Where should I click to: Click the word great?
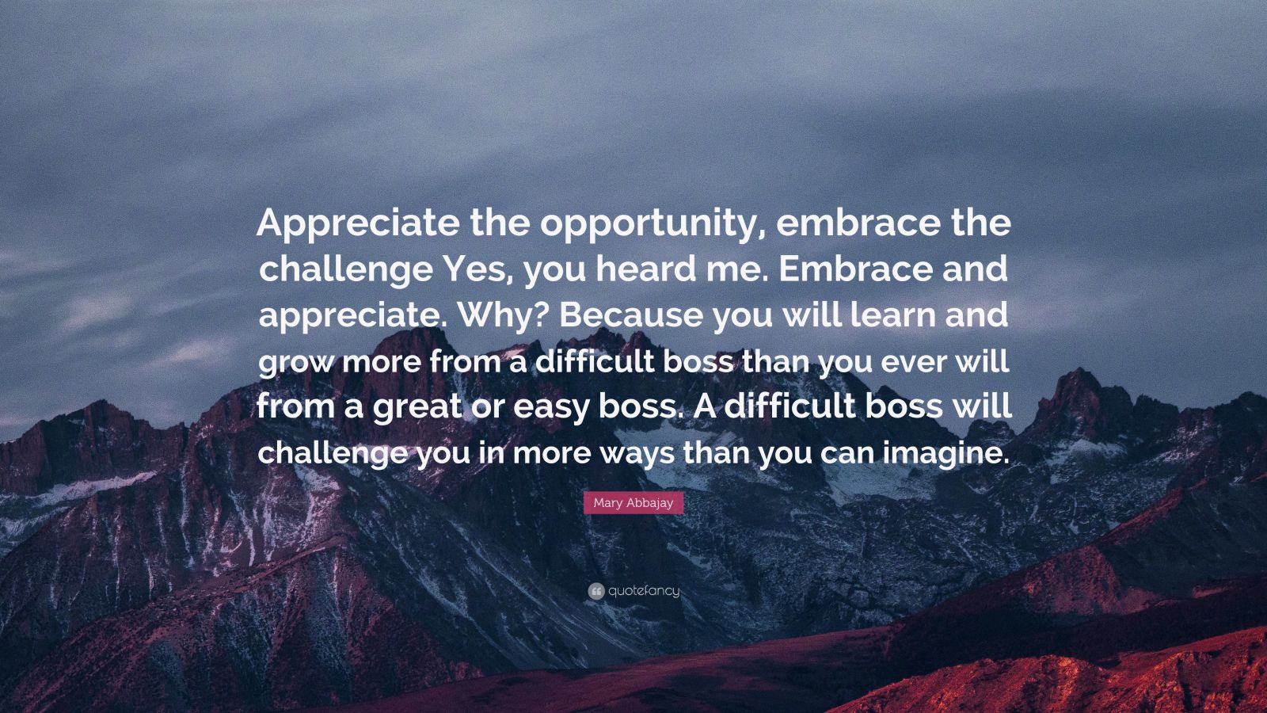(x=417, y=407)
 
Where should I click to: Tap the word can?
(x=846, y=455)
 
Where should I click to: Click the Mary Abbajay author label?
(x=633, y=502)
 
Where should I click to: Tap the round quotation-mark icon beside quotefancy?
(x=596, y=591)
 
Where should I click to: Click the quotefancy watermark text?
(x=645, y=591)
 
